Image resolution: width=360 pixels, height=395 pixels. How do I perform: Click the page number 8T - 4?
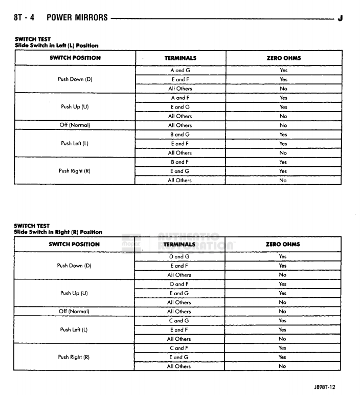pos(24,17)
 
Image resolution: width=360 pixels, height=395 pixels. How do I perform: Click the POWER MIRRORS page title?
pos(77,17)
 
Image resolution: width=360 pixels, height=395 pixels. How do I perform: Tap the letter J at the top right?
pos(340,18)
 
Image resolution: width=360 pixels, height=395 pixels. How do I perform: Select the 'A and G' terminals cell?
pos(180,70)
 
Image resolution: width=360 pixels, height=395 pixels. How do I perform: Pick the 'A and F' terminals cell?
pos(180,98)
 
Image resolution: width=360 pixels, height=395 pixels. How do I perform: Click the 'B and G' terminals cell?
pos(180,135)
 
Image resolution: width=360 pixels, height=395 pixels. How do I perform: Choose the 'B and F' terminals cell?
pos(180,162)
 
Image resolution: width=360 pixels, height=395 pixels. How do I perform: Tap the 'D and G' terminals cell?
pos(179,256)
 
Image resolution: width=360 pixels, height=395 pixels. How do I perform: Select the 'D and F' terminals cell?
pos(179,284)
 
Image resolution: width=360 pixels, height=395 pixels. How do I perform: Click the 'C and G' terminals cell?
pos(179,321)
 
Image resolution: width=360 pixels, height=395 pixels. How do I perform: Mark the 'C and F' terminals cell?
pos(179,348)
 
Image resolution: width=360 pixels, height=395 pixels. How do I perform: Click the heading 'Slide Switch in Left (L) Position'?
pos(56,46)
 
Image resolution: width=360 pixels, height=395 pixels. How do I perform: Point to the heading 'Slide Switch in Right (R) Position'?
pos(58,232)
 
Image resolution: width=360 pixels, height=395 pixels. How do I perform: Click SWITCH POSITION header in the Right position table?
pos(74,244)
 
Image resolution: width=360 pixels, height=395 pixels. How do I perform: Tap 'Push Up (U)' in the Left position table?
pos(75,107)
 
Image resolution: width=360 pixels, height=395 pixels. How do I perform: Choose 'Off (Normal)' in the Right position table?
pos(74,311)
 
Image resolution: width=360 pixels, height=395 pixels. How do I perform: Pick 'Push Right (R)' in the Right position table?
pos(74,357)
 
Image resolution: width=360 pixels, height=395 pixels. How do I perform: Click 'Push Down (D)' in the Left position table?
pos(75,79)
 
